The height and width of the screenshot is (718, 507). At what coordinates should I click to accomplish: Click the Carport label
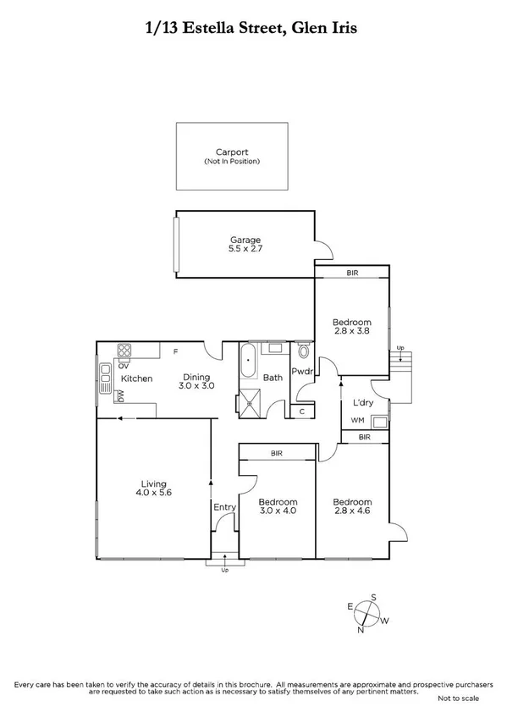pyautogui.click(x=231, y=152)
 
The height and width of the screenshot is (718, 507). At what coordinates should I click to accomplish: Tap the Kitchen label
pyautogui.click(x=136, y=378)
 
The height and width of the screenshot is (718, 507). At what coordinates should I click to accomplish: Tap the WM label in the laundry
pyautogui.click(x=358, y=420)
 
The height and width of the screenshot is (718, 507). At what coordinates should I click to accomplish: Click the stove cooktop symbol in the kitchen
pyautogui.click(x=125, y=350)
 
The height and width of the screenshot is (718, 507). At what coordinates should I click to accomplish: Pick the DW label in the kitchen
pyautogui.click(x=120, y=395)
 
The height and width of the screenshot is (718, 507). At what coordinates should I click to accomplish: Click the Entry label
pyautogui.click(x=224, y=507)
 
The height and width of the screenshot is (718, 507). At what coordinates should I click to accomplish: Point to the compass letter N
pyautogui.click(x=361, y=629)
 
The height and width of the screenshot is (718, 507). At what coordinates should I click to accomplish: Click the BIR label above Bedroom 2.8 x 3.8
pyautogui.click(x=352, y=273)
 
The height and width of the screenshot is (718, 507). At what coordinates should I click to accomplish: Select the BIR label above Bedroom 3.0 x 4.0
pyautogui.click(x=276, y=454)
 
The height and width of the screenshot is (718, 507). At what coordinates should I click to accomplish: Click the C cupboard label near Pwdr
pyautogui.click(x=302, y=411)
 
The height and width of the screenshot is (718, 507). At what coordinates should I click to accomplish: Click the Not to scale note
pyautogui.click(x=458, y=699)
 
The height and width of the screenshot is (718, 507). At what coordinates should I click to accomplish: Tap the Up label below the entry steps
pyautogui.click(x=224, y=570)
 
